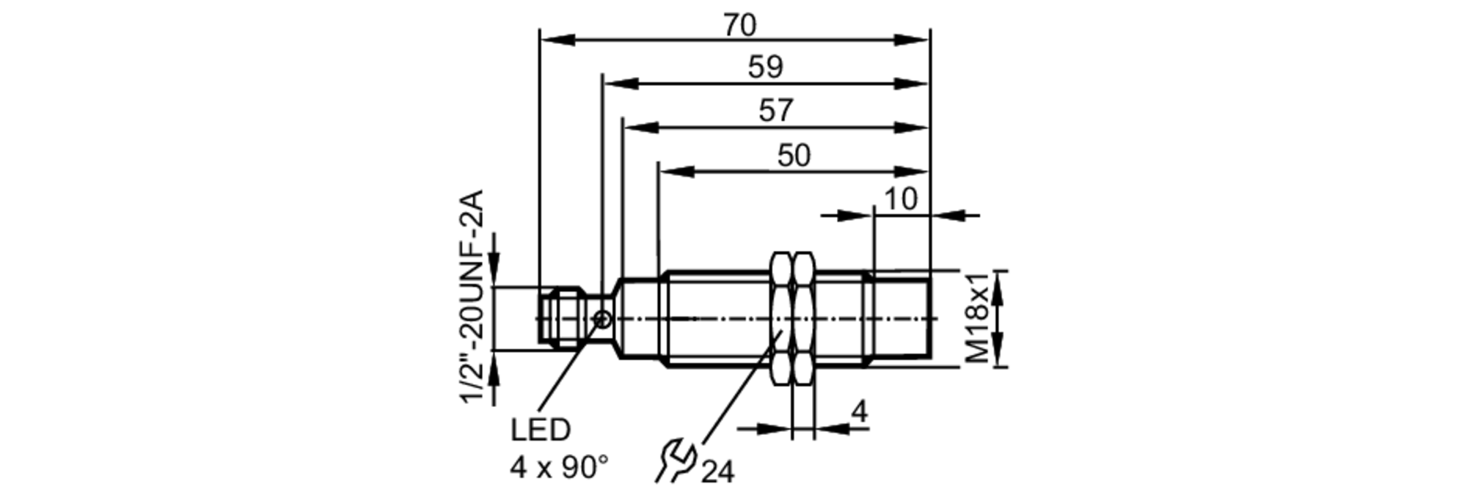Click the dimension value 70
click(739, 25)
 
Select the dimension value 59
click(765, 67)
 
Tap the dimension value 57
click(775, 111)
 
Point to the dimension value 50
click(794, 155)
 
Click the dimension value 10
click(900, 199)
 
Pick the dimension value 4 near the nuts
click(859, 411)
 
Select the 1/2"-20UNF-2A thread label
click(472, 296)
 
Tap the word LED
click(540, 431)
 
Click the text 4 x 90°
click(559, 467)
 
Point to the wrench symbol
click(673, 460)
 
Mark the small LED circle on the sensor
click(602, 319)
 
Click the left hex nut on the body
click(781, 318)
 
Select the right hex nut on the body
click(804, 318)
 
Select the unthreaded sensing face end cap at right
click(902, 318)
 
